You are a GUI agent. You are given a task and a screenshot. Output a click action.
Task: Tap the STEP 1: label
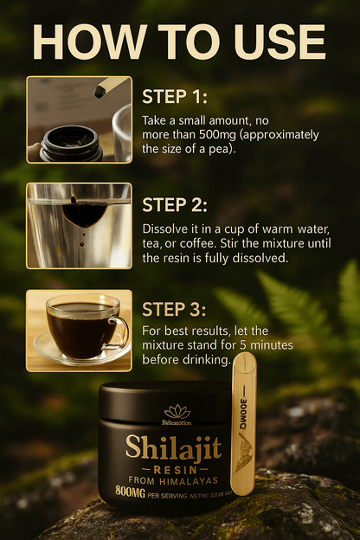tap(175, 96)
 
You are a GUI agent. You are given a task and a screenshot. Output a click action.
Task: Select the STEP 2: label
tap(175, 205)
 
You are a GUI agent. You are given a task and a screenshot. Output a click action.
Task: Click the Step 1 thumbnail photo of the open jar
tap(79, 119)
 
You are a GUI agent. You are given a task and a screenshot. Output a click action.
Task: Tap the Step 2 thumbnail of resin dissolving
tap(79, 225)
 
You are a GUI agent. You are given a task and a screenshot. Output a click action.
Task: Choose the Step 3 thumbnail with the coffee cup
tap(79, 330)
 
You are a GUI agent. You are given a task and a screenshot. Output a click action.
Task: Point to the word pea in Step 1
tap(220, 149)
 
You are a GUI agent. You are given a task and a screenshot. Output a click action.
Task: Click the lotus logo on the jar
tap(177, 411)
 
